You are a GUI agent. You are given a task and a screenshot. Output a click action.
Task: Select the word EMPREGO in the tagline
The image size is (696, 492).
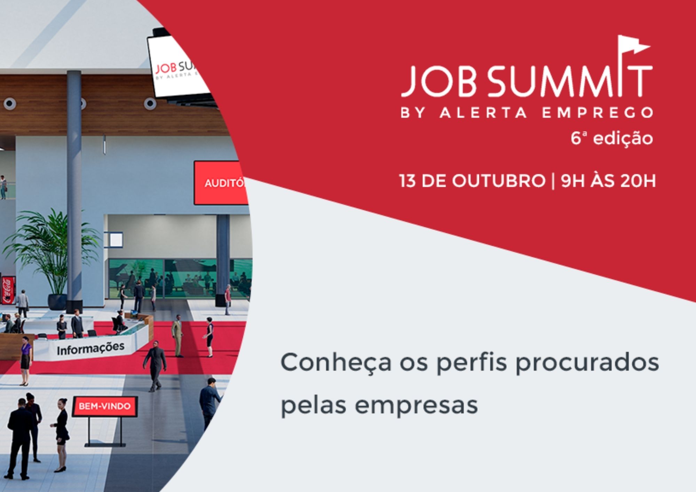click(x=597, y=113)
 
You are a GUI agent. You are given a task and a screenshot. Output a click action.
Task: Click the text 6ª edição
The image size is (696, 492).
click(x=612, y=138)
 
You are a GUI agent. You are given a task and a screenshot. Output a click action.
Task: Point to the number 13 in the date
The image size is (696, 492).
click(x=408, y=181)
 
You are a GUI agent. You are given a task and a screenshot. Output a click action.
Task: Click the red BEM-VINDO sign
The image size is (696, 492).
click(x=105, y=406)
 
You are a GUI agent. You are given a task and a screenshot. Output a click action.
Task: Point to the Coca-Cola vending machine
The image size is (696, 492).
click(x=7, y=290)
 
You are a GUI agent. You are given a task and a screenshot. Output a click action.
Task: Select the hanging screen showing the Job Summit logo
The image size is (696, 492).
click(x=177, y=66)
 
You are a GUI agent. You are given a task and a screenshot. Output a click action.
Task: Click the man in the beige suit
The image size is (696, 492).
click(x=177, y=336)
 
